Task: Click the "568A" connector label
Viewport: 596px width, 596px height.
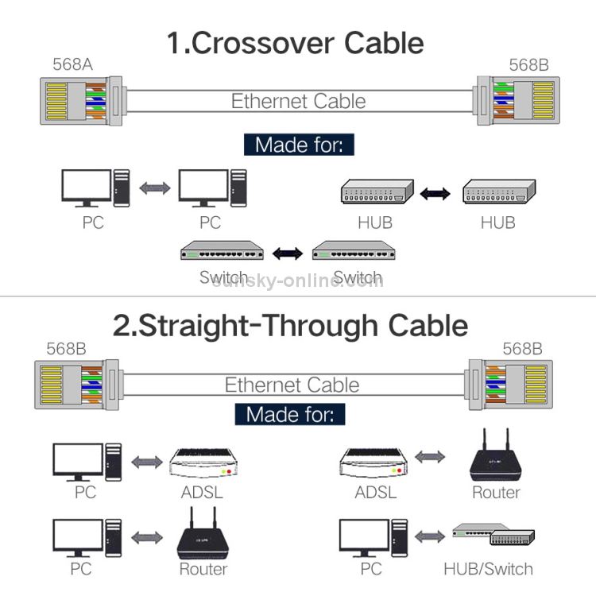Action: pyautogui.click(x=72, y=64)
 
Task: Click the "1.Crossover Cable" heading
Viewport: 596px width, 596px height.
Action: pyautogui.click(x=295, y=42)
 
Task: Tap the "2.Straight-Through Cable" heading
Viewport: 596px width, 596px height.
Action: pyautogui.click(x=290, y=325)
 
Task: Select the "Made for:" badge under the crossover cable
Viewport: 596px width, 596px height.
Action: pyautogui.click(x=299, y=145)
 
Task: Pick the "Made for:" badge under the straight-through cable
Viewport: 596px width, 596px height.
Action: pyautogui.click(x=290, y=413)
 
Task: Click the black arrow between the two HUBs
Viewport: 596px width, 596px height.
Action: pyautogui.click(x=435, y=193)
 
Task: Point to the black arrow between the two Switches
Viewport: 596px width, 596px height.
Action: pyautogui.click(x=288, y=253)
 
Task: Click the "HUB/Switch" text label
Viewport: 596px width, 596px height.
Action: pyautogui.click(x=488, y=568)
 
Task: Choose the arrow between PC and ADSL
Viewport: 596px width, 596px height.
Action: pyautogui.click(x=145, y=461)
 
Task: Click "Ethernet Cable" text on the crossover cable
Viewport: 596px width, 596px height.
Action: pyautogui.click(x=299, y=101)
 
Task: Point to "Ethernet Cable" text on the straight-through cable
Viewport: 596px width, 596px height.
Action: pyautogui.click(x=292, y=385)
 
